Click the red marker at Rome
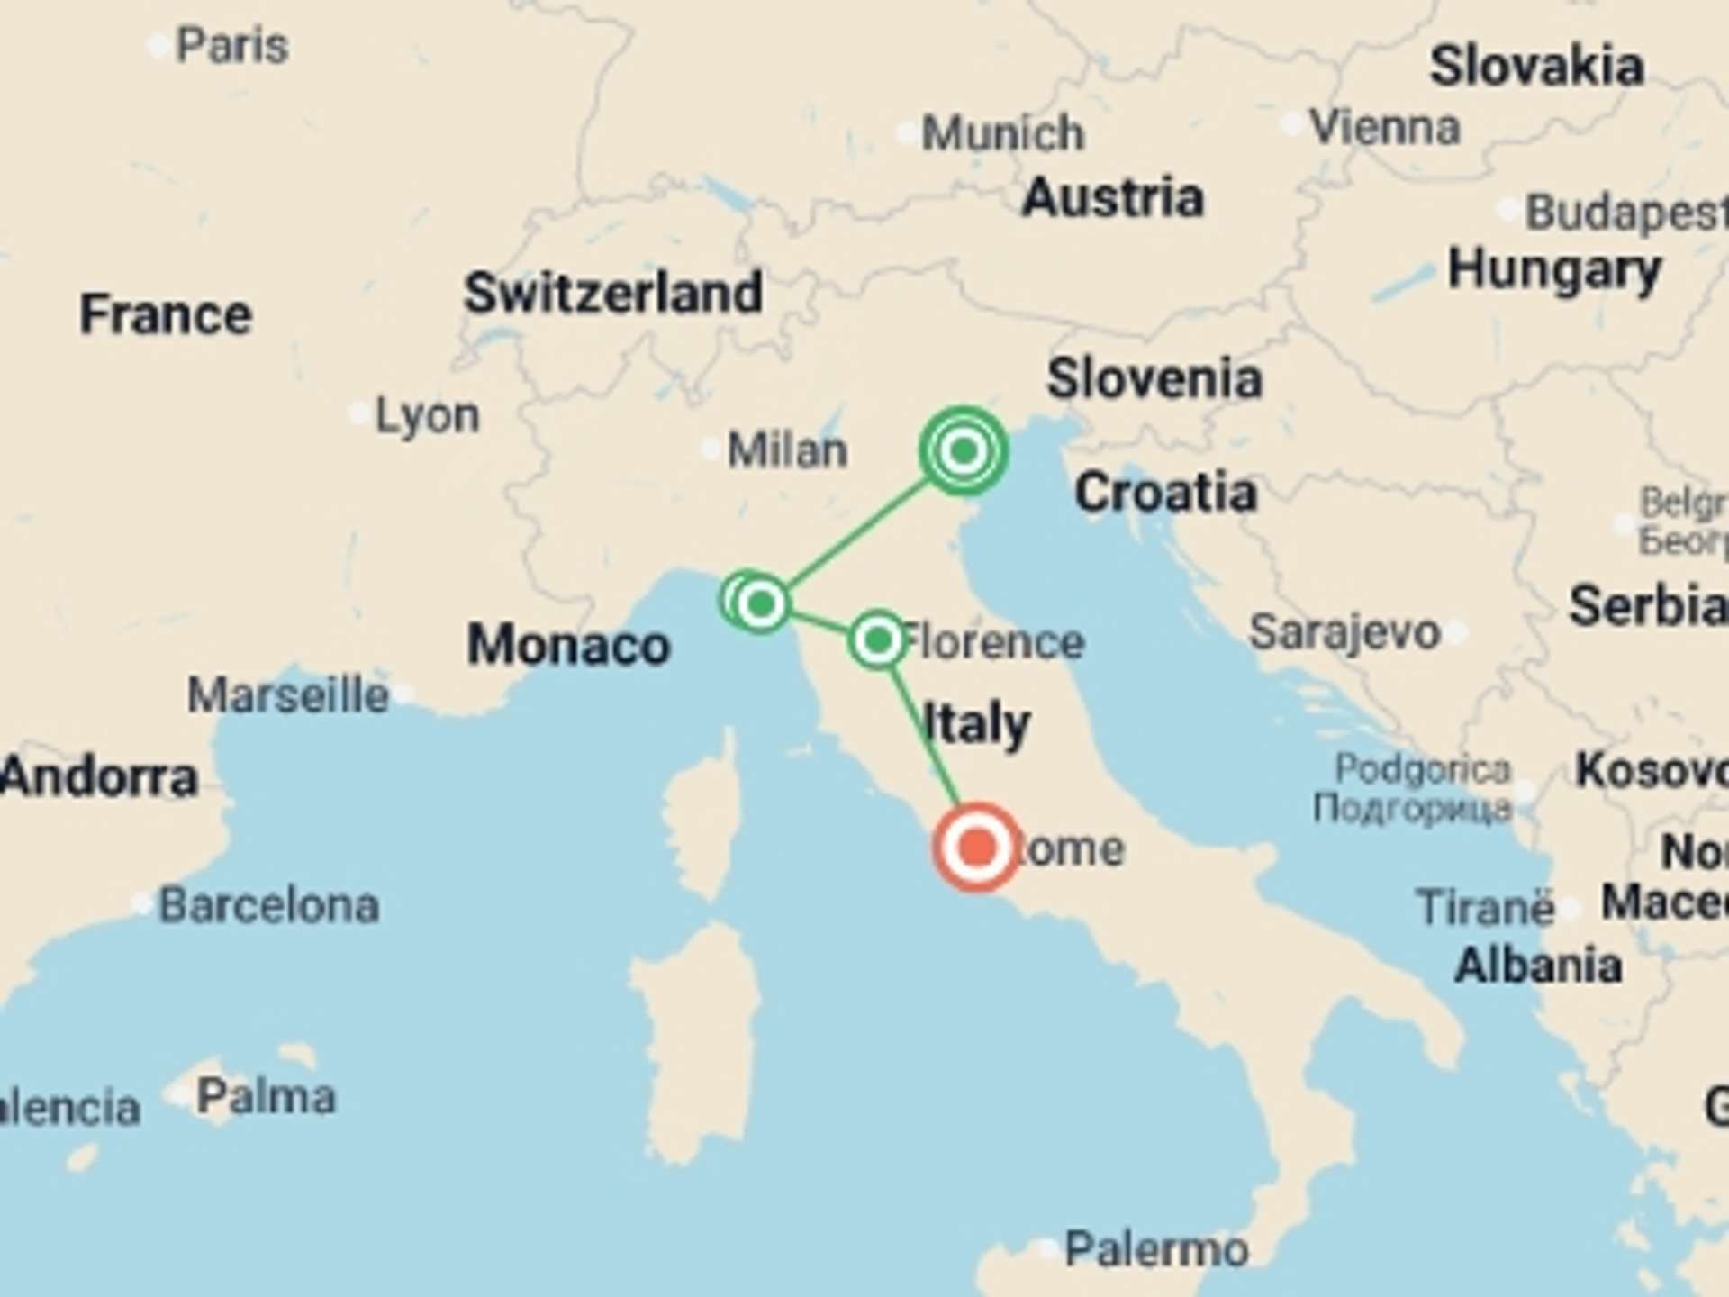point(977,848)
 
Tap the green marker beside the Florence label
point(877,640)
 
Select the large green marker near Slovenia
point(964,450)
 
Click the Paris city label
point(231,45)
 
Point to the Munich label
point(1002,133)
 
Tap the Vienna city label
point(1384,127)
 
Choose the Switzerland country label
point(613,293)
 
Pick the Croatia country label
point(1165,492)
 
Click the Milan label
point(787,449)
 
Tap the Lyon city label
point(427,415)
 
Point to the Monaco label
point(568,645)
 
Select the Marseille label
point(288,695)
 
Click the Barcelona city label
point(268,905)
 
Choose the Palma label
point(266,1096)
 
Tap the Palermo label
point(1156,1249)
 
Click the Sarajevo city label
point(1344,632)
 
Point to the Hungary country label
point(1554,269)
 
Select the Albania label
point(1538,966)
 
